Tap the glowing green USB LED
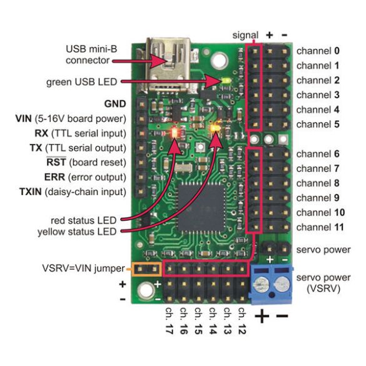226,81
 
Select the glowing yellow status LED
216,128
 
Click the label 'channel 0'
318,50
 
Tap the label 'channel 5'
318,125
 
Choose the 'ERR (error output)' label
93,176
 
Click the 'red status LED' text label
87,219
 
